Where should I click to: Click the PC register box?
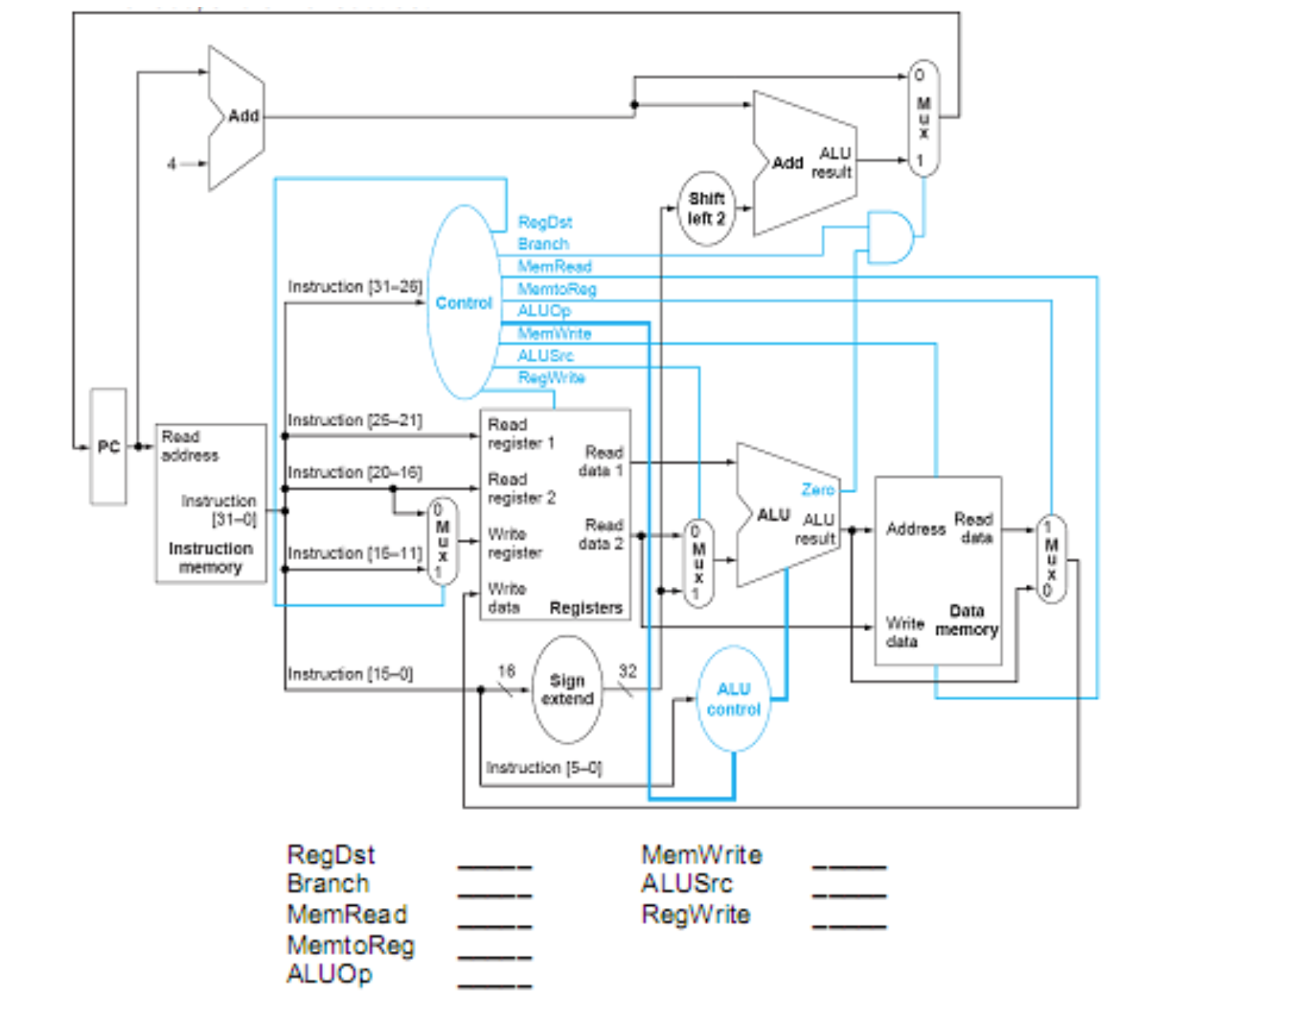coord(108,447)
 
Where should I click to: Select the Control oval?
coord(464,303)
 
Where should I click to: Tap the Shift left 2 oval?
coord(706,208)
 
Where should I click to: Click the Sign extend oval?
coord(567,690)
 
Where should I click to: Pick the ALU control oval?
coord(734,699)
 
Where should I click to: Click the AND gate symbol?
coord(889,237)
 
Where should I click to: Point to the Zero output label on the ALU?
coord(818,490)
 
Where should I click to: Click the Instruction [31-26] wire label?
coord(354,287)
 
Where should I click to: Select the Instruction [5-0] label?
coord(544,768)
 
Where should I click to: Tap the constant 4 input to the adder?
coord(171,164)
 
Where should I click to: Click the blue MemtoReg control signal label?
coord(557,289)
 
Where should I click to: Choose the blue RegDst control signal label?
coord(544,222)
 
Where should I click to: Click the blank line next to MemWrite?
coord(849,866)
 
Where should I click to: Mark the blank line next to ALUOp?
coord(494,985)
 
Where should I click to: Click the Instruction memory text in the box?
coord(210,557)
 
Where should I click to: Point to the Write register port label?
coord(515,543)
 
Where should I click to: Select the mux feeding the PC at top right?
coord(923,118)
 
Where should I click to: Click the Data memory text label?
coord(966,620)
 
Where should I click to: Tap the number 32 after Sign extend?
coord(627,671)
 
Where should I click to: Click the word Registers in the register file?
coord(585,607)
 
